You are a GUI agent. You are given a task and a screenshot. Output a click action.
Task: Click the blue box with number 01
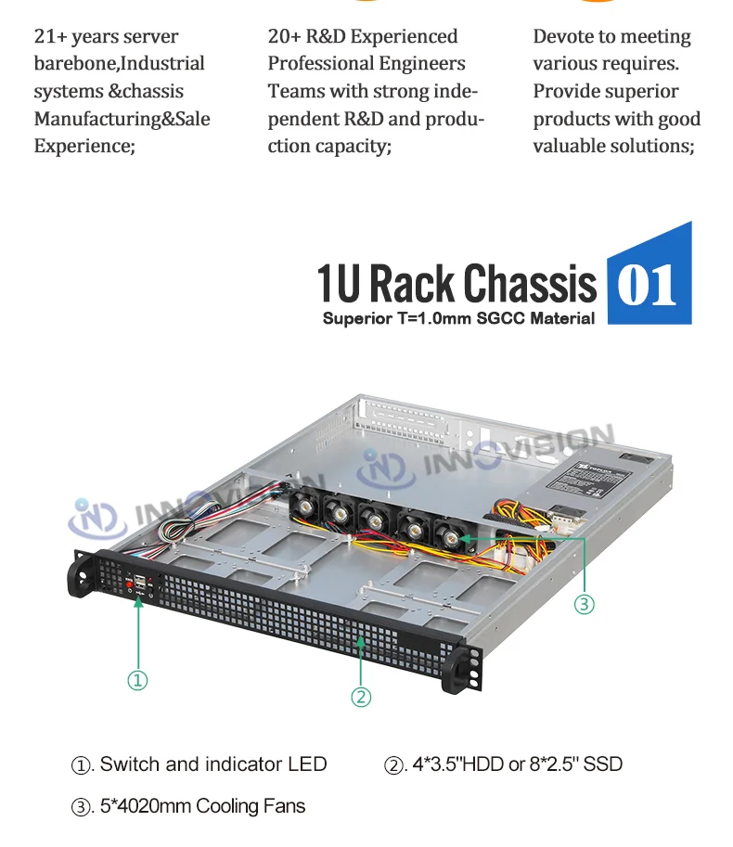click(x=648, y=282)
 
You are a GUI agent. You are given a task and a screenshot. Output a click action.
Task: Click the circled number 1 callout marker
click(x=136, y=680)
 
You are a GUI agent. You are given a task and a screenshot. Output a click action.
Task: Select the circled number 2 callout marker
click(x=362, y=697)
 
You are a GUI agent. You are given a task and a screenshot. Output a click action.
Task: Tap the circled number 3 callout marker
click(x=583, y=604)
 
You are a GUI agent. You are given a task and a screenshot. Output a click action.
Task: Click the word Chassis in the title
click(x=530, y=283)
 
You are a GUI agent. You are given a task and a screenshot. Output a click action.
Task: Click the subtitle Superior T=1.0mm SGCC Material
click(x=458, y=319)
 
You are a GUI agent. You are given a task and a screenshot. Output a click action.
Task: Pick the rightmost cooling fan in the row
click(x=450, y=536)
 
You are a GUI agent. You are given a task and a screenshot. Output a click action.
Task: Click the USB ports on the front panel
click(x=140, y=583)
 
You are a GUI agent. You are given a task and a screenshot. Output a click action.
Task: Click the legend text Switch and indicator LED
click(x=212, y=764)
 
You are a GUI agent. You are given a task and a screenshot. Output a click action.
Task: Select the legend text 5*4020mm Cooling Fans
click(x=202, y=806)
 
